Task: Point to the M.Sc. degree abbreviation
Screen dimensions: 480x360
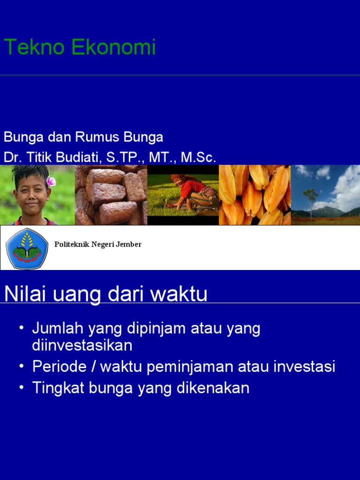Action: tap(198, 157)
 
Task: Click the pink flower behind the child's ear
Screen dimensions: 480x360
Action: tap(51, 181)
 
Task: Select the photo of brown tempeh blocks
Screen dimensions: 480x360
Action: tap(111, 195)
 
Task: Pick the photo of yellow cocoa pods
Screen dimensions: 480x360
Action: tap(255, 195)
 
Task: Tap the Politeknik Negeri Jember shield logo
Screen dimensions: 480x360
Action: tap(27, 248)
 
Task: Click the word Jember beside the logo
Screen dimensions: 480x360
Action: tap(130, 245)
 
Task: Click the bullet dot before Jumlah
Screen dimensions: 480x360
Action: tap(22, 328)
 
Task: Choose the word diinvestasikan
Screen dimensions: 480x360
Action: tap(82, 345)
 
